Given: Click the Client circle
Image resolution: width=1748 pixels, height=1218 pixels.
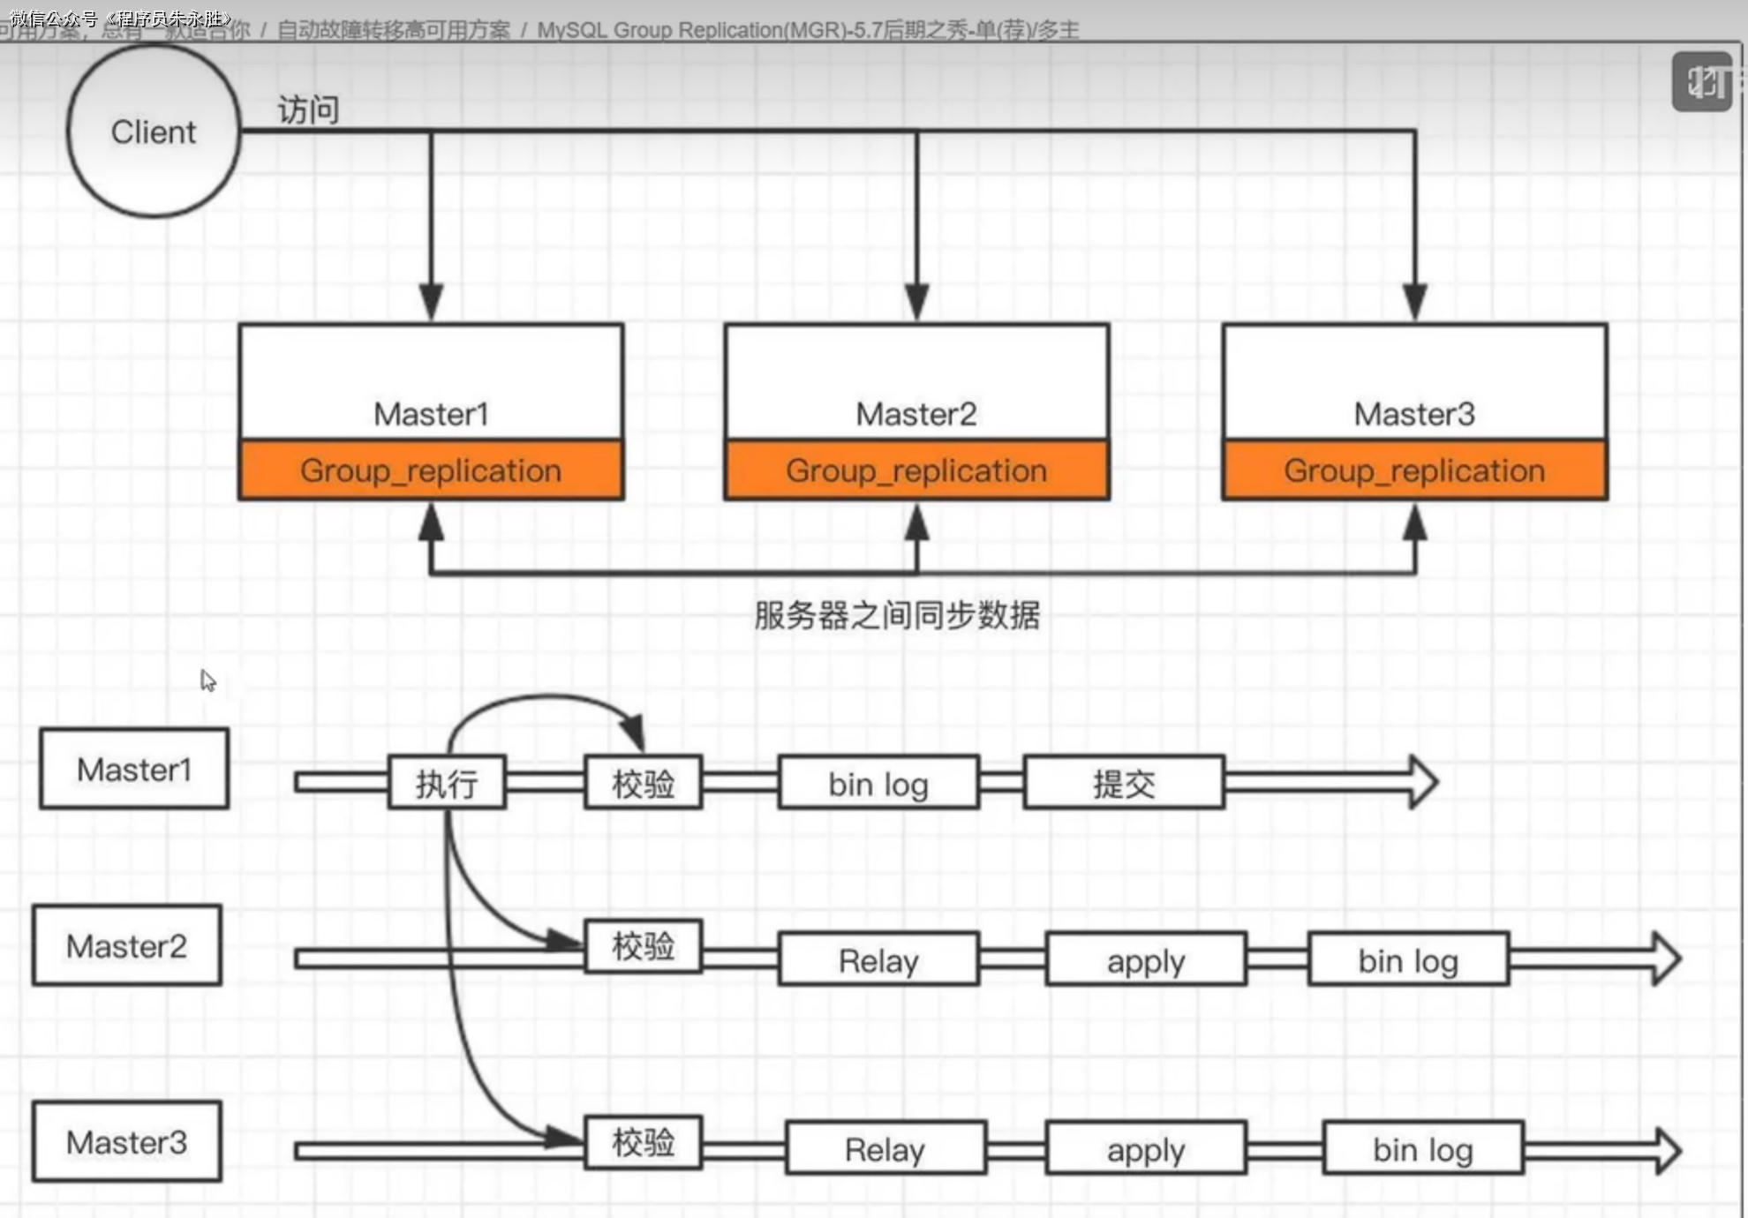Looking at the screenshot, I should [x=154, y=132].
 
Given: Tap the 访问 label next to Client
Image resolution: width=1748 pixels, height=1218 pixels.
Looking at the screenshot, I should [x=308, y=110].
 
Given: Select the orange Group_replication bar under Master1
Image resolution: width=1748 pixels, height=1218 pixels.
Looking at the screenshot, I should [x=431, y=470].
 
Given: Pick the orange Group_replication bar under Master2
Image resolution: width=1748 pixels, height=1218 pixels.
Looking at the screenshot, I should [x=916, y=470].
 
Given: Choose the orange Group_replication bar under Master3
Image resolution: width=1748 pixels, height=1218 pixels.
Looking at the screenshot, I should [x=1414, y=470].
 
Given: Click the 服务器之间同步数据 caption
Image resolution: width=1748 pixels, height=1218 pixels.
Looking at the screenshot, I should [x=897, y=615].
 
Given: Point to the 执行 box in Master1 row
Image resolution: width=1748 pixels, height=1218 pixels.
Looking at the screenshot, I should [x=447, y=783].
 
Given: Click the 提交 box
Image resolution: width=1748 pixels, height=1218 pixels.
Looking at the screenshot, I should [x=1124, y=783].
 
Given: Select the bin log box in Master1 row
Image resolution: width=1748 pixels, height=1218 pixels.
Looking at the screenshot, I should [x=878, y=783].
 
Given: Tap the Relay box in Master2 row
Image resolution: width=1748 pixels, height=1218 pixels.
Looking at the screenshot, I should [x=878, y=959].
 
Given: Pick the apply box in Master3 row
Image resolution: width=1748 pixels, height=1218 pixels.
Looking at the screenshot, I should [x=1146, y=1149].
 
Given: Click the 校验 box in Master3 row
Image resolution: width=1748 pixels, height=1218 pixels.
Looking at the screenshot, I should [x=644, y=1143].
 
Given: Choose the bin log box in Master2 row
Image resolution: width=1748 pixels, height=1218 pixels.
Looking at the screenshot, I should [x=1408, y=959].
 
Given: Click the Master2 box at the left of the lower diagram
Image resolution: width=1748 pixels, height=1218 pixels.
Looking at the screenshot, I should [x=127, y=945].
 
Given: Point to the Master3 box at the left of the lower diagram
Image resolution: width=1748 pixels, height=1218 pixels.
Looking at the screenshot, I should [x=127, y=1142].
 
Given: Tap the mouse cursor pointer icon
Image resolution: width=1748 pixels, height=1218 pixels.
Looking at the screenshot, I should [x=207, y=680].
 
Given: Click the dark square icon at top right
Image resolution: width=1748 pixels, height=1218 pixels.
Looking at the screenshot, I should [x=1701, y=82].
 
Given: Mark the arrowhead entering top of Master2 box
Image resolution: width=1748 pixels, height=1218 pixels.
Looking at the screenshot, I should [x=916, y=302].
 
